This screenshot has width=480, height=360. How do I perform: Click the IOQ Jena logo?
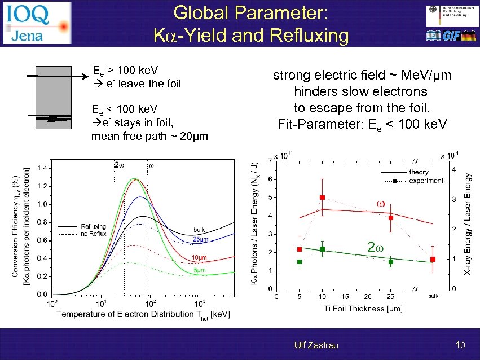(37, 23)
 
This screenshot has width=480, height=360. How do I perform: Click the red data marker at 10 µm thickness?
(322, 197)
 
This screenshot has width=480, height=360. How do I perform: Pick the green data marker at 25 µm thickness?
(390, 261)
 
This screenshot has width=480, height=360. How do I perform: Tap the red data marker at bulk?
(433, 259)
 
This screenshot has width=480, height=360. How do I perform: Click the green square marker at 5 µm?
(300, 262)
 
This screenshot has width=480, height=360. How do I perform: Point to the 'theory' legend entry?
(418, 172)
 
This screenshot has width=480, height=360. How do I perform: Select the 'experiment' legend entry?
(425, 181)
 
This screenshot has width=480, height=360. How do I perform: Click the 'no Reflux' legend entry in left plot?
(94, 233)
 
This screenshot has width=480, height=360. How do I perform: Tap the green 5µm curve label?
(199, 270)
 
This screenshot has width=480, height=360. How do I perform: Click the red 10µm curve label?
(200, 258)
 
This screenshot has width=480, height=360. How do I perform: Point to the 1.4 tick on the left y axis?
(42, 168)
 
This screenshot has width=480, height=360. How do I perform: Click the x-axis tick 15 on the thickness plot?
(345, 296)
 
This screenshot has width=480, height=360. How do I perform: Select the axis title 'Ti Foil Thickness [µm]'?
(355, 308)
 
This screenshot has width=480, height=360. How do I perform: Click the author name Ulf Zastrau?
(316, 345)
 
